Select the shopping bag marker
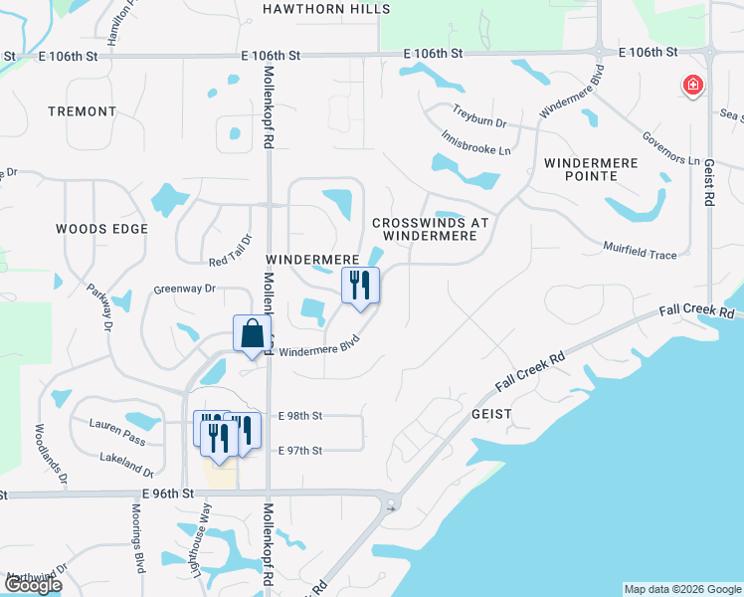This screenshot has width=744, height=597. pos(252,333)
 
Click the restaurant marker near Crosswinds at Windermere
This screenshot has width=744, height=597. pos(360,286)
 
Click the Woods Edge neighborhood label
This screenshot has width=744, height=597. pos(101,229)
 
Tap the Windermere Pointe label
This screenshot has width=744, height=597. pos(595,168)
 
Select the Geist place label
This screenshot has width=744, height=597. pos(491,413)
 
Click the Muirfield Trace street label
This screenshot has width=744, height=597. pos(640,250)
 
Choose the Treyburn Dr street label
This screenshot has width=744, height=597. pos(479,115)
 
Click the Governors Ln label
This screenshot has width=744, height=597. pos(670,145)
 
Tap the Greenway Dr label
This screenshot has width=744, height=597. pos(184,289)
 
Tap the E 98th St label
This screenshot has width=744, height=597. pos(301,415)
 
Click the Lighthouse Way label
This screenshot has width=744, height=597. pos(207,528)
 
